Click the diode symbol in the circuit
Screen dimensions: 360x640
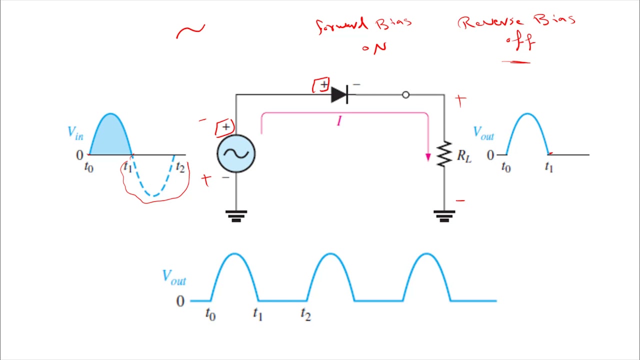(339, 94)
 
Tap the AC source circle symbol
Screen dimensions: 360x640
(236, 153)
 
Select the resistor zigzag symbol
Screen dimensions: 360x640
(444, 154)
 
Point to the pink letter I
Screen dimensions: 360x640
(339, 121)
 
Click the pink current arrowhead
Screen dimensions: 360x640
(428, 157)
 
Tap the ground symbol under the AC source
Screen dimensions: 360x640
(236, 215)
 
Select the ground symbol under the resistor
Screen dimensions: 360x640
(444, 215)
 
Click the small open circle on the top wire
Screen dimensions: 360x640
(405, 94)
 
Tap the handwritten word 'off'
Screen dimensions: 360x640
(520, 43)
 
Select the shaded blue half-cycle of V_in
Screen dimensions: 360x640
(110, 137)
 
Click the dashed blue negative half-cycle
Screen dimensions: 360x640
(153, 180)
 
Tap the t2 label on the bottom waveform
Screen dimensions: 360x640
(305, 314)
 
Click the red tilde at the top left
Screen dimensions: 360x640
(190, 31)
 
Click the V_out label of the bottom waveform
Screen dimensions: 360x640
(174, 277)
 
